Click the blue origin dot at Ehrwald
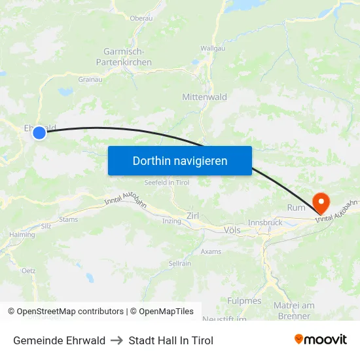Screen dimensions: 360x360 39,133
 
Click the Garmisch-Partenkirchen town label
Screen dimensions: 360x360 128,57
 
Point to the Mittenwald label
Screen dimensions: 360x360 204,97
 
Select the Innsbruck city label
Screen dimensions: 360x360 265,223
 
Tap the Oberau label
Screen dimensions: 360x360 141,18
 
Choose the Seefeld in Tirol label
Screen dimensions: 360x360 166,183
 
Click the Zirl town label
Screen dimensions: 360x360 192,215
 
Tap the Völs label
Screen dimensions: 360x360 232,230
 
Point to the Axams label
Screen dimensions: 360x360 211,251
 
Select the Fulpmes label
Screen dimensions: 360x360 244,301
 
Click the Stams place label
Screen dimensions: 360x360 68,220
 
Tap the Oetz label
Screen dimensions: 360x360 28,270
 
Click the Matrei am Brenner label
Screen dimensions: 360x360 294,310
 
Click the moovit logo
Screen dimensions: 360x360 320,340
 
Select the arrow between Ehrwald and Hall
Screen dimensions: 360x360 117,340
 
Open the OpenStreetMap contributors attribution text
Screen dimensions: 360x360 70,312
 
